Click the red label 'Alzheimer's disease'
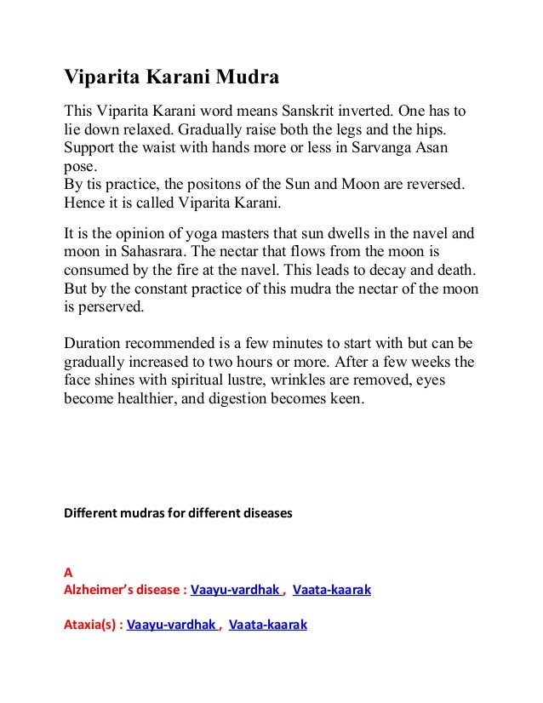click(123, 589)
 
